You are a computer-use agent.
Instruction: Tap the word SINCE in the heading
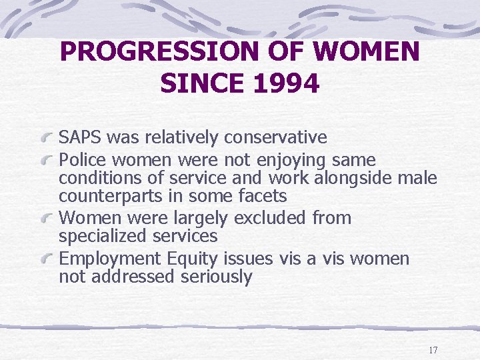click(200, 84)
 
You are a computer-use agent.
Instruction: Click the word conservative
click(275, 138)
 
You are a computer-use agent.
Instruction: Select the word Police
click(83, 161)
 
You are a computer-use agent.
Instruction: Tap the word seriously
click(217, 277)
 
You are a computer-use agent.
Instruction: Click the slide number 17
click(433, 350)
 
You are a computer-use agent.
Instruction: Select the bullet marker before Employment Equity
click(47, 259)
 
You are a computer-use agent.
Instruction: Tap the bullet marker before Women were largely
click(47, 219)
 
